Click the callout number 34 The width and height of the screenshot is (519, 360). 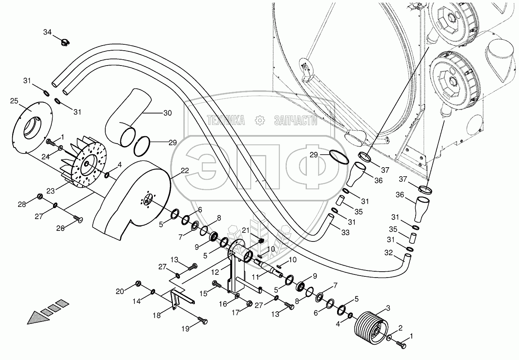pos(47,32)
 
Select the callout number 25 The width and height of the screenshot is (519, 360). pos(14,101)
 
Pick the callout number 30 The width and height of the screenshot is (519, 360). pos(167,113)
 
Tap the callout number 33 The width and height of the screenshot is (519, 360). pos(345,232)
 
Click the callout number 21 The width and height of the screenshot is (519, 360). pos(246,229)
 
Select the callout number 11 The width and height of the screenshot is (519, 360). pos(256,277)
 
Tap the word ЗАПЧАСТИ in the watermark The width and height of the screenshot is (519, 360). pos(295,121)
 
